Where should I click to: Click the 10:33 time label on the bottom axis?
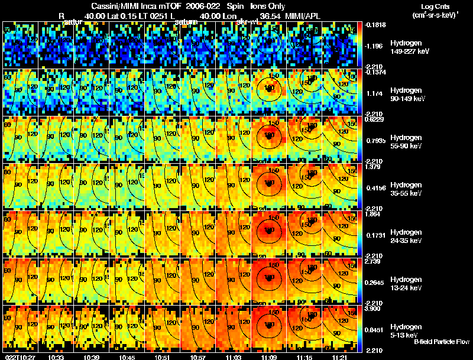point(57,357)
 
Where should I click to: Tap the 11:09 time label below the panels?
point(269,357)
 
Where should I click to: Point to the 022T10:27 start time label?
point(19,357)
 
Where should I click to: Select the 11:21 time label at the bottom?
point(340,357)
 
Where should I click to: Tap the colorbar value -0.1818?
point(374,25)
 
